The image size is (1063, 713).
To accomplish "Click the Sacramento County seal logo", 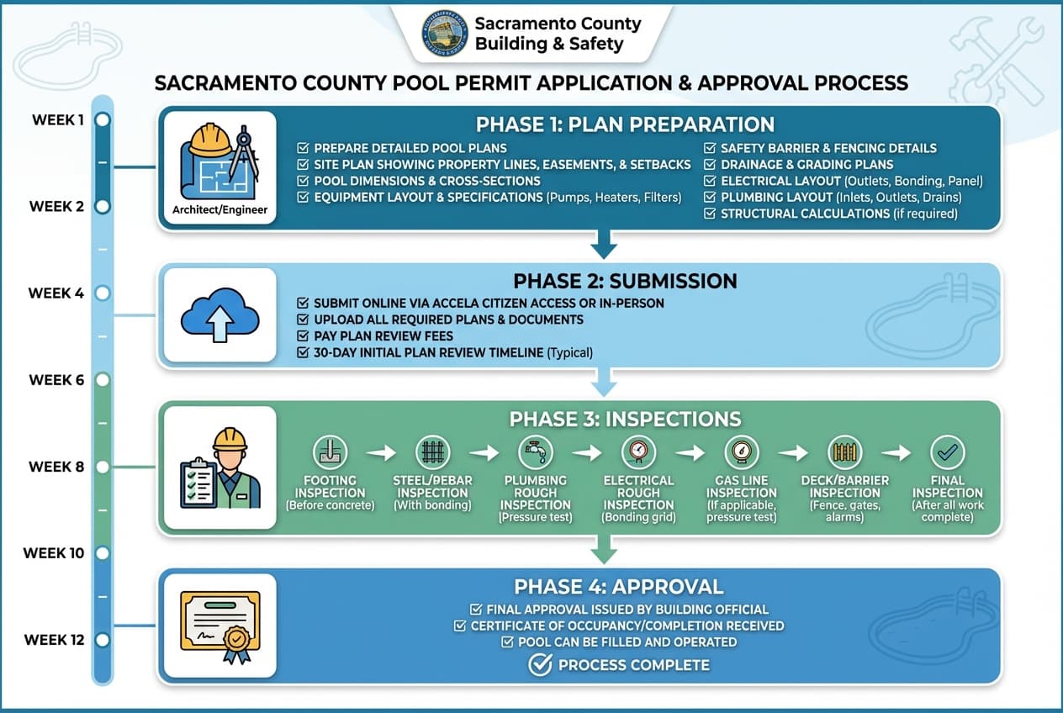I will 444,34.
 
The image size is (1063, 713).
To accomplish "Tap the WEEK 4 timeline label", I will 56,293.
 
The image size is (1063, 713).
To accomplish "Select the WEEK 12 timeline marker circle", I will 103,640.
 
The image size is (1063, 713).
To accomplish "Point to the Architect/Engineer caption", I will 219,209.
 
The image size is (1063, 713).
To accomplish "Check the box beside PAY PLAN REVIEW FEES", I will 304,336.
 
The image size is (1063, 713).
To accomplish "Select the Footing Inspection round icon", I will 331,452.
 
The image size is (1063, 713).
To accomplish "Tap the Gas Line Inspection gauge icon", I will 741,452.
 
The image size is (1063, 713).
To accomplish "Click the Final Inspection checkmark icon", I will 947,452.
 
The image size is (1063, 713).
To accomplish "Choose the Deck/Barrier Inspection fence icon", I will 844,452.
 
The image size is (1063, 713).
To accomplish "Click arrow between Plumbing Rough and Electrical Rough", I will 586,453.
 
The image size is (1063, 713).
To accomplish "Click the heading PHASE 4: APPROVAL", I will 618,587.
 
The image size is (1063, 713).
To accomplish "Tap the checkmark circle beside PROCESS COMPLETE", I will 539,665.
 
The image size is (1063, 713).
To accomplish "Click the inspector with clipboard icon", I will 220,467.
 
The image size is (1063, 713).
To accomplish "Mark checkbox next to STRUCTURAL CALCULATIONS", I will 711,214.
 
